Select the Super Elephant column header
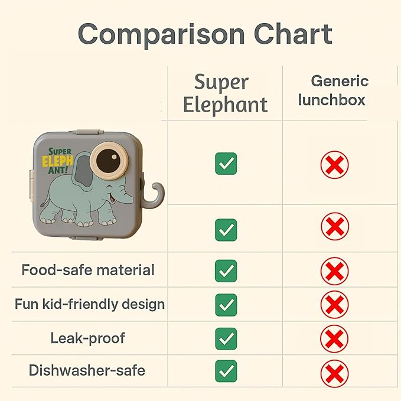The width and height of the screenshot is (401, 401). coord(225,93)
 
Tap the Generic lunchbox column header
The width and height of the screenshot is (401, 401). coord(339,90)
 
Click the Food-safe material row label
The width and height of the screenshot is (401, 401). coord(88,270)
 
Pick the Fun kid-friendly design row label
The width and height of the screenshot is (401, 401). coord(90,305)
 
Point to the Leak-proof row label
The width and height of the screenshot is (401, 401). coord(88,338)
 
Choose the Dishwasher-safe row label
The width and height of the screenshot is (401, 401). coord(87,371)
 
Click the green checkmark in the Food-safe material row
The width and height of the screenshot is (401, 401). coord(226,271)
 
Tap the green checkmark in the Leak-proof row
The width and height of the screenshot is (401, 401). coord(226,339)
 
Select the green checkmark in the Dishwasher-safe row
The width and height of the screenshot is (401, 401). coord(226,371)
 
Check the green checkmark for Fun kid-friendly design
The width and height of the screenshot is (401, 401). coord(226,305)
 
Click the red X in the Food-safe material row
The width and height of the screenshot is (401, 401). coord(334,272)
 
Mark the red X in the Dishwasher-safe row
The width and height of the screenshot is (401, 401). coord(334,373)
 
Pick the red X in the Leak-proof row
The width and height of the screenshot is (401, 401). coord(334,340)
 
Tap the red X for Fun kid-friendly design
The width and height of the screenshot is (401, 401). coord(334,305)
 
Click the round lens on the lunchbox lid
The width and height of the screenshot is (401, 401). coord(109,159)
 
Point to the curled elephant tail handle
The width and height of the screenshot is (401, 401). coord(155,194)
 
